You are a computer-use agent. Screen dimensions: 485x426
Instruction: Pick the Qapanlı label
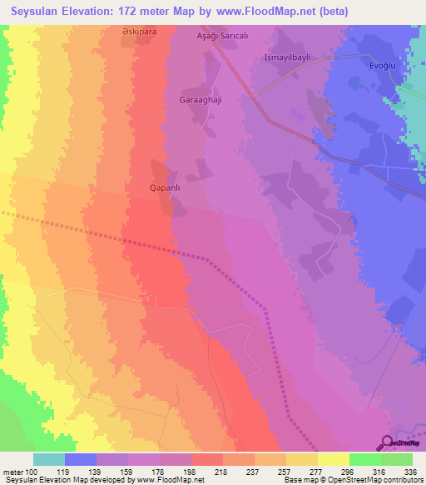[165, 187]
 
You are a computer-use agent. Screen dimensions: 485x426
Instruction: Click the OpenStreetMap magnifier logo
[387, 442]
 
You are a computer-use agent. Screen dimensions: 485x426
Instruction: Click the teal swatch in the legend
[49, 459]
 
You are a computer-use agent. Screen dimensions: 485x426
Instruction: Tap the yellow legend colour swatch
[333, 459]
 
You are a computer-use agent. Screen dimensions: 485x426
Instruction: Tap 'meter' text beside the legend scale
[14, 472]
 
